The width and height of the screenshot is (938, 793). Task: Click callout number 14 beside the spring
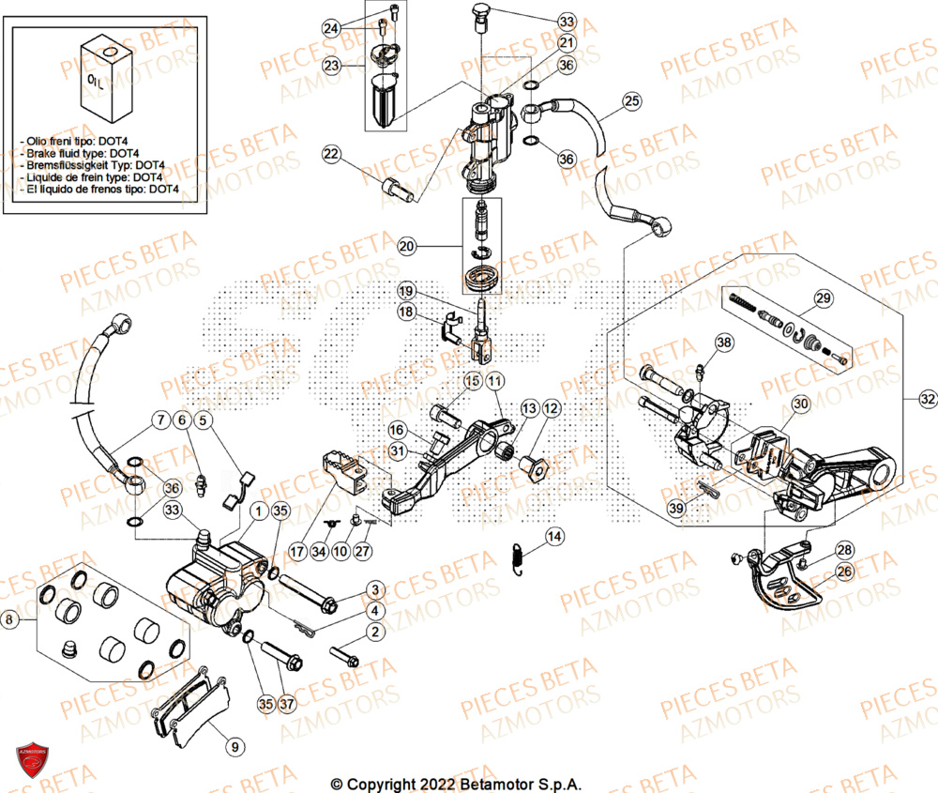click(x=554, y=537)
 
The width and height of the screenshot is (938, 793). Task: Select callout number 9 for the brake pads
click(x=234, y=747)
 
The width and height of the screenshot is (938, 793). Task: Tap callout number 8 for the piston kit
click(x=10, y=619)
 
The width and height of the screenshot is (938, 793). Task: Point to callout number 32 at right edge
click(x=927, y=400)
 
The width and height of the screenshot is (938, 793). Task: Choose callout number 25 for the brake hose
click(x=630, y=100)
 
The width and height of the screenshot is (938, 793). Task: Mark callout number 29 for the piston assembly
click(x=823, y=299)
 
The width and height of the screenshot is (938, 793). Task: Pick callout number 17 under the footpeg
click(x=297, y=551)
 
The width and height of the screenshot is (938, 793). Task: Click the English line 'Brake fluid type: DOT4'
click(x=80, y=153)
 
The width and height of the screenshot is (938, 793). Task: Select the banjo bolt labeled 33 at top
click(x=481, y=12)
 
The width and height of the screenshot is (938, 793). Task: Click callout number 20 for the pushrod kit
click(x=405, y=247)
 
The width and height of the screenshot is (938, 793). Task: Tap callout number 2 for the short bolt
click(x=374, y=633)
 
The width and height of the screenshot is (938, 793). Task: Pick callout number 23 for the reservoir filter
click(x=331, y=66)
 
